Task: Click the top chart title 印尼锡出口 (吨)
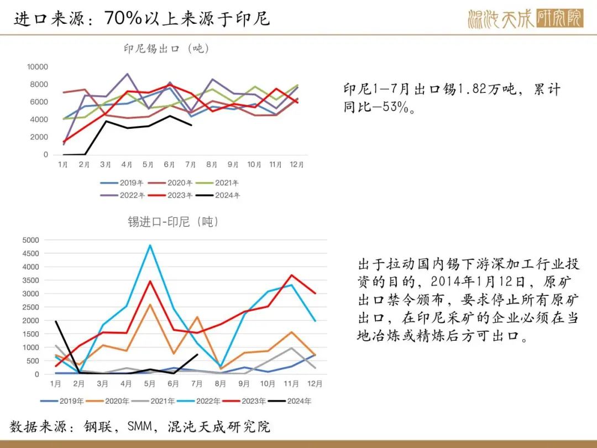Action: (x=166, y=49)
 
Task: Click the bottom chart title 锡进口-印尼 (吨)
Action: (x=174, y=222)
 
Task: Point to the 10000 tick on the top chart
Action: (x=38, y=67)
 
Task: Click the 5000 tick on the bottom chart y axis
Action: (x=31, y=240)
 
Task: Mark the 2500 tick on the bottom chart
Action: (x=31, y=307)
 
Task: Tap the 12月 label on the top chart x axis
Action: (x=296, y=164)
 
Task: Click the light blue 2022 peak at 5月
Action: (x=150, y=245)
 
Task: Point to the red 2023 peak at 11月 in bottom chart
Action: (x=292, y=275)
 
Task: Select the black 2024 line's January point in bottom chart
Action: (x=56, y=321)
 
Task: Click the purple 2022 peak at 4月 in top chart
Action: (x=127, y=74)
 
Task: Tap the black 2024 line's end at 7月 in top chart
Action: (x=191, y=125)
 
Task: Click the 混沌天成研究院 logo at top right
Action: (x=525, y=19)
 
